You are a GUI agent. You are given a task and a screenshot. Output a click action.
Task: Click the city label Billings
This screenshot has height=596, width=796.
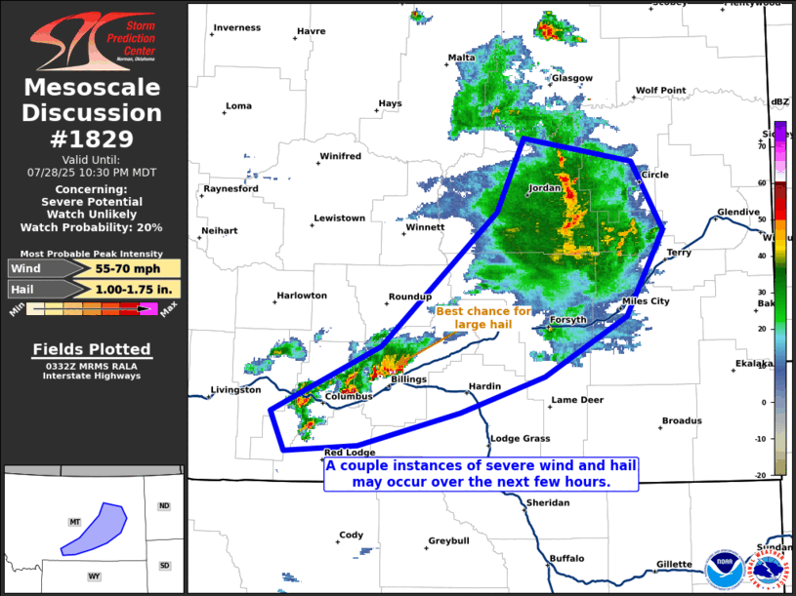pos(409,377)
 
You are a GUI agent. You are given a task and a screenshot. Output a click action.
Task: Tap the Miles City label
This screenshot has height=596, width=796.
pos(646,301)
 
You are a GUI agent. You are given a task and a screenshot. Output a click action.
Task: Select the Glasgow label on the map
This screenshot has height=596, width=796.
pos(571,78)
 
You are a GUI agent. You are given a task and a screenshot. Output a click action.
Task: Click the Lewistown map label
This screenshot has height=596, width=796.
pos(339,218)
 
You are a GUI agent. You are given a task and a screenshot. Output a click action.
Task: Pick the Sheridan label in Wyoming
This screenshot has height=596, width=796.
pos(547,502)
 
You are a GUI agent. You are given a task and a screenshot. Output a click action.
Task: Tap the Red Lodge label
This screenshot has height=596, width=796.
pos(350,453)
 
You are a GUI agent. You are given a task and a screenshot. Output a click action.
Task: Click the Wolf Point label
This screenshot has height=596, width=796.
pos(660,90)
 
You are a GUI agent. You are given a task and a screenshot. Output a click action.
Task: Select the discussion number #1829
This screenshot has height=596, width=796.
pos(93,139)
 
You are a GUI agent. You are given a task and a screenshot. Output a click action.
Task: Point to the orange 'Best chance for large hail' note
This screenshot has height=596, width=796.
pos(483,317)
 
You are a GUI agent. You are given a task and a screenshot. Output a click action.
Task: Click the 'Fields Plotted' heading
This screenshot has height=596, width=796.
pos(92,349)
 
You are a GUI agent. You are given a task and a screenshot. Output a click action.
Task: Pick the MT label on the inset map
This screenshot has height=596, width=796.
pos(74,523)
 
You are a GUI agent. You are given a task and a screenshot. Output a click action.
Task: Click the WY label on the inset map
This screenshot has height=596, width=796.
pos(94,576)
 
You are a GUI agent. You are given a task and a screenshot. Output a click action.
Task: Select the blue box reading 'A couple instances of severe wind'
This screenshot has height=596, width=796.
pos(482,474)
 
